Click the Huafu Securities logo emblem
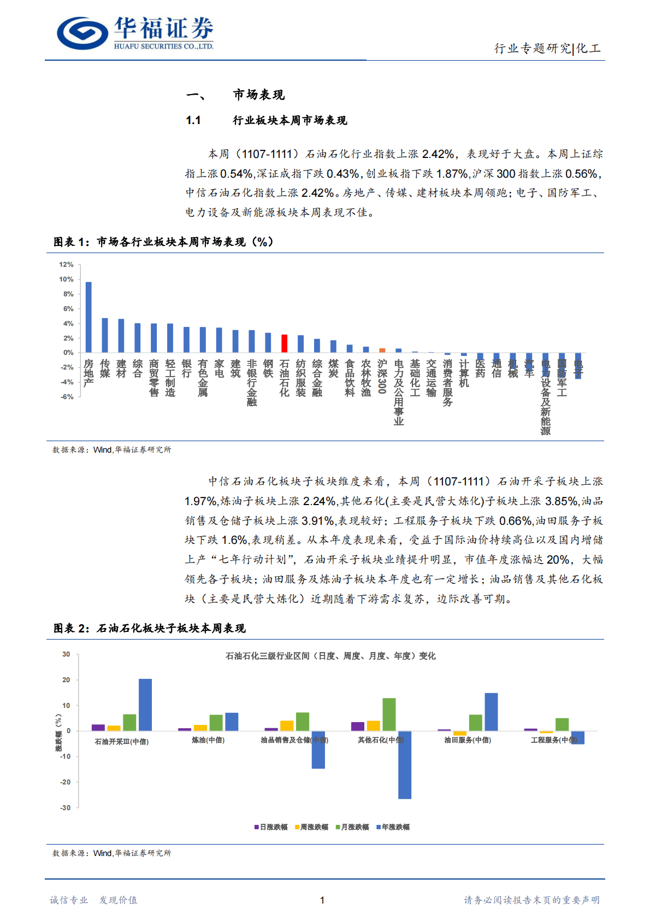[82, 33]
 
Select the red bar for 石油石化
[284, 343]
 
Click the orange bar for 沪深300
[382, 350]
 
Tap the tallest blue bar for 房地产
[88, 317]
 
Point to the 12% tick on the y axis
[66, 265]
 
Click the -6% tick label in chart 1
[66, 397]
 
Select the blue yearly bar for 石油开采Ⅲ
[145, 705]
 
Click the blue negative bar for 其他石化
[405, 765]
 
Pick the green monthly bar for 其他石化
[389, 714]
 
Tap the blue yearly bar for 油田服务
[491, 712]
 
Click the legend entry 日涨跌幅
[271, 827]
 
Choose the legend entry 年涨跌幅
[393, 827]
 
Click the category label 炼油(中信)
[208, 740]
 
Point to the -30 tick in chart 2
[66, 807]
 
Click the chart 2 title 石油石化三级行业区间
[330, 656]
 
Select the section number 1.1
[193, 120]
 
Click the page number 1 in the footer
[322, 900]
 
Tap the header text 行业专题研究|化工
[547, 49]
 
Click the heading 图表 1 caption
[163, 242]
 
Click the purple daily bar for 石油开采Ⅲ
[98, 728]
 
